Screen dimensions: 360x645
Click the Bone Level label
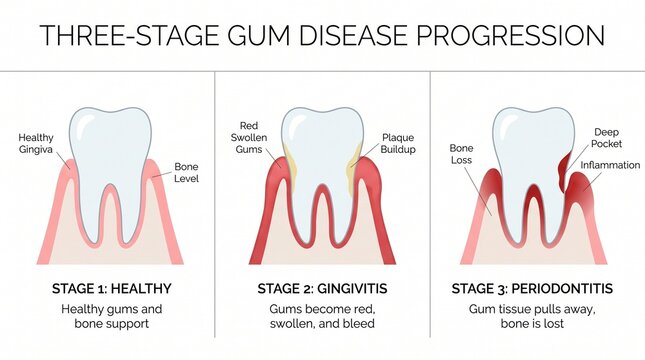pos(186,172)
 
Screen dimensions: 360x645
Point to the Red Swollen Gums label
pos(244,143)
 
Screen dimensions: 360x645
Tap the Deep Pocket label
pos(607,137)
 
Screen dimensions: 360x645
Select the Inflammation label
pos(610,165)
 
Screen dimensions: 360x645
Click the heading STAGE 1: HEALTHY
pos(111,290)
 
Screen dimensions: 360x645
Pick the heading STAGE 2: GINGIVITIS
pos(321,290)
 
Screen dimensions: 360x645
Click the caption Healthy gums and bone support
pos(111,315)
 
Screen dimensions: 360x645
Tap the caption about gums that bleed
pos(321,315)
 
